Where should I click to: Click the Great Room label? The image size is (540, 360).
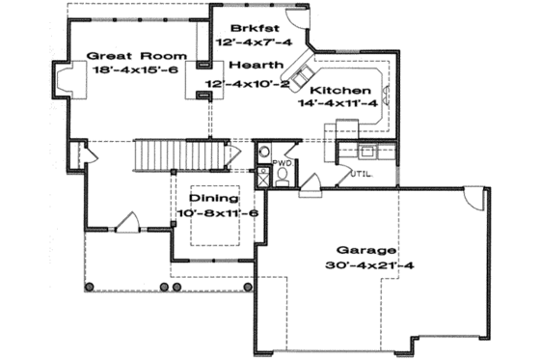[x=124, y=56]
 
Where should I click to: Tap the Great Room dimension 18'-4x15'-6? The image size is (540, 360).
[x=124, y=70]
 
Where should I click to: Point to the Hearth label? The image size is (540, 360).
[x=257, y=65]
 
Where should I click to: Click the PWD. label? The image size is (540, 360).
[x=282, y=163]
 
